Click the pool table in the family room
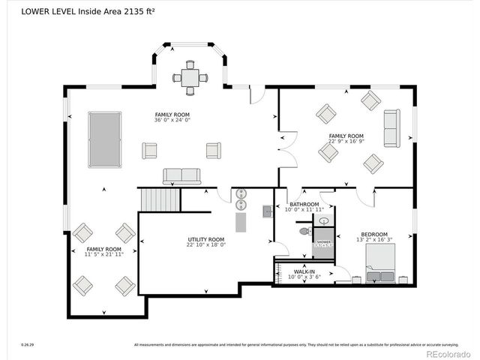[103, 139]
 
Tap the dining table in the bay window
[190, 77]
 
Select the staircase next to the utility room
[160, 199]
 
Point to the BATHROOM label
[304, 204]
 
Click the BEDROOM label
[373, 234]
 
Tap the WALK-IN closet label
[304, 271]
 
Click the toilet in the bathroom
[304, 232]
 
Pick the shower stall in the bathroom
[323, 244]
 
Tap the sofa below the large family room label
[182, 176]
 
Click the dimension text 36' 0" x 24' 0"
[173, 120]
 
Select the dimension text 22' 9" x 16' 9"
[346, 141]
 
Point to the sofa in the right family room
[391, 128]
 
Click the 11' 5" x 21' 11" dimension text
[103, 255]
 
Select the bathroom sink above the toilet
[323, 220]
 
